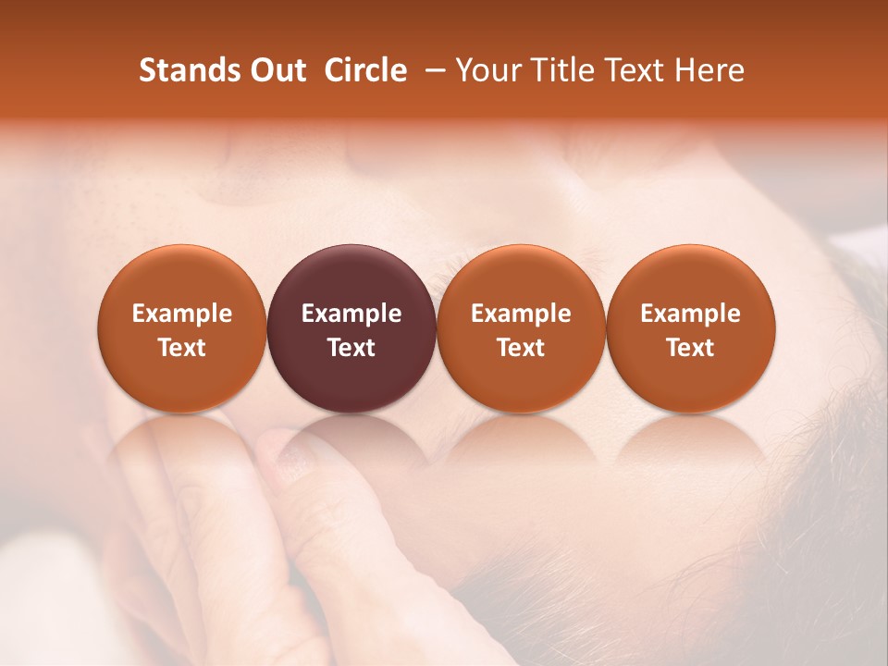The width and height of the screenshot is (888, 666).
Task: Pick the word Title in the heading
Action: (559, 70)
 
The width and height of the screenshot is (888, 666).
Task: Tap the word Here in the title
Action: (708, 70)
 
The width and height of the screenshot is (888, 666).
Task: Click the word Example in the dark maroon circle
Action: (351, 314)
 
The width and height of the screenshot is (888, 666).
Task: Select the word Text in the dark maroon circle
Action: (351, 348)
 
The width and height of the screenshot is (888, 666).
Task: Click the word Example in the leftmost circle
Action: (182, 314)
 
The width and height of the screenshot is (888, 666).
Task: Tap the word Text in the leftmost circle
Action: (182, 348)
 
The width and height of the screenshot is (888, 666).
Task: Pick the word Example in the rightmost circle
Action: (690, 314)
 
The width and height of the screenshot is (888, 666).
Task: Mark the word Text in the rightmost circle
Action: (690, 348)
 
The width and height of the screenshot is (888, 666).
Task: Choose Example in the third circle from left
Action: (521, 314)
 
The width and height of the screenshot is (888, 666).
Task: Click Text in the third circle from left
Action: (521, 348)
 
